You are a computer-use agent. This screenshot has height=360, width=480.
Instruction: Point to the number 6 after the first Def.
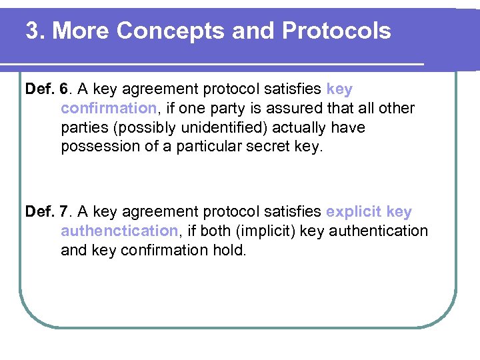point(64,89)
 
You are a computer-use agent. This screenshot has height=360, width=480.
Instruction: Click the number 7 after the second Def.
point(64,212)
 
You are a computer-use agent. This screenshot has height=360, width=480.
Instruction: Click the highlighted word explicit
point(353,212)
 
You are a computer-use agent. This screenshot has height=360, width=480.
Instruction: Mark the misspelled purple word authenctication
point(119,231)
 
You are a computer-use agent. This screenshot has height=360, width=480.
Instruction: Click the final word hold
point(231,250)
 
